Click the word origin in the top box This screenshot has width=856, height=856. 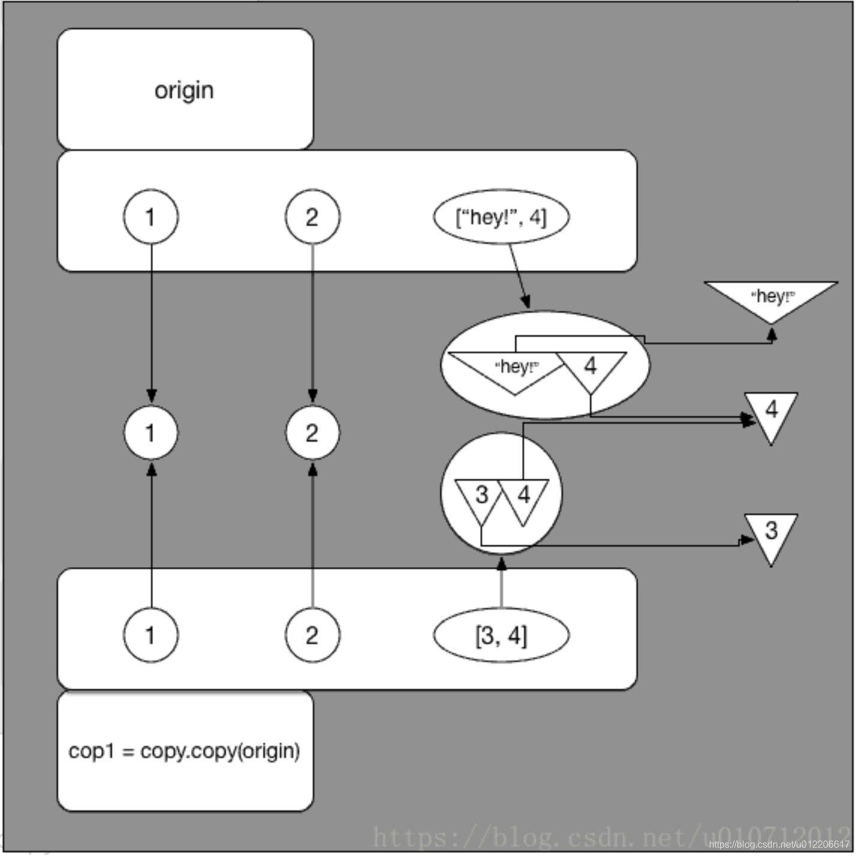[x=184, y=91]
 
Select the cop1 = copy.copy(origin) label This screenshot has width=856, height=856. [x=184, y=750]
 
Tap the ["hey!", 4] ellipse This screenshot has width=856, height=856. [x=501, y=216]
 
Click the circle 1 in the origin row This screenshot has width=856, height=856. [x=150, y=216]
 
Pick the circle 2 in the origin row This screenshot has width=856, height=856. [x=312, y=216]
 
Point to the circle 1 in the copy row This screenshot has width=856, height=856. [x=150, y=635]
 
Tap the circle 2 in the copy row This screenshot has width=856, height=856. [x=312, y=635]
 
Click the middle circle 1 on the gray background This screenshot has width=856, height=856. [x=150, y=433]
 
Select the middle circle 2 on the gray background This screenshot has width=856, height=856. [x=312, y=433]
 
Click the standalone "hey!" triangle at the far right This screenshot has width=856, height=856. [x=771, y=297]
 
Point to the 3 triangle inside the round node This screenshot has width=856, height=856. [x=481, y=496]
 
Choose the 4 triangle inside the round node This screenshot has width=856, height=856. [x=523, y=496]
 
